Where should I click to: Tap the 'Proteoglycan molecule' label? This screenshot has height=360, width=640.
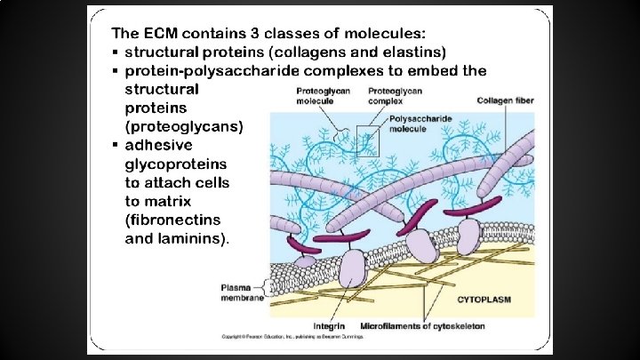pyautogui.click(x=321, y=95)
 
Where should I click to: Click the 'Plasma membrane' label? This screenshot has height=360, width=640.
pyautogui.click(x=242, y=292)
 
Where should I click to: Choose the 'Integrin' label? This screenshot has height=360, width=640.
pyautogui.click(x=330, y=325)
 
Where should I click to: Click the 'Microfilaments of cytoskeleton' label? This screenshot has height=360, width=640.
pyautogui.click(x=422, y=325)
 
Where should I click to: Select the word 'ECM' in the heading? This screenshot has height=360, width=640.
pyautogui.click(x=171, y=34)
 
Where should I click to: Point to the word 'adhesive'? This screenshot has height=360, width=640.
pyautogui.click(x=158, y=144)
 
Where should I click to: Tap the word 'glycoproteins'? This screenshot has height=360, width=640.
pyautogui.click(x=176, y=164)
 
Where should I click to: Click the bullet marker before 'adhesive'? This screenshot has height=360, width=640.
pyautogui.click(x=116, y=145)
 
